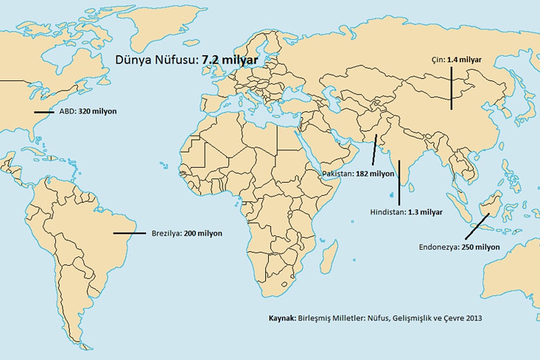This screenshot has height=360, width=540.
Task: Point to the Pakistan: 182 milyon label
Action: point(358,175)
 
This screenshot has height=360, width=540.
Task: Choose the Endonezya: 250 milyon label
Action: point(459,247)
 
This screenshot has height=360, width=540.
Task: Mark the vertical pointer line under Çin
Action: point(451,87)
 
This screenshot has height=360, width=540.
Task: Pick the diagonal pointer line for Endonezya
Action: point(477,226)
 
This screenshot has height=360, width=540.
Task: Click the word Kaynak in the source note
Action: point(281,318)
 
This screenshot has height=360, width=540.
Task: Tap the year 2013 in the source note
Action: point(474,318)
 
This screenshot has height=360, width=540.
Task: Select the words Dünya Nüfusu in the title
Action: point(157,60)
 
